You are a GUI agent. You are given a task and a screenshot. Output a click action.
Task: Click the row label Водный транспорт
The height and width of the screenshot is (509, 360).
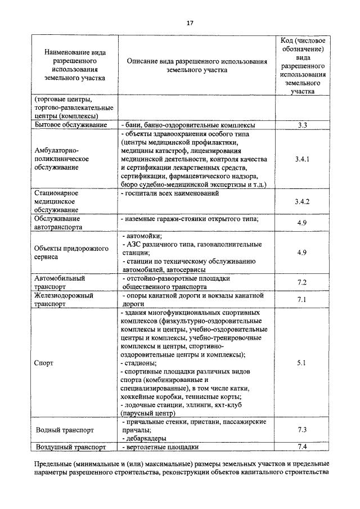(x=64, y=430)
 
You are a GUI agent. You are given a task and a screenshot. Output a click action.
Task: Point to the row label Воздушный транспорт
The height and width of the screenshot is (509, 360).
(x=70, y=447)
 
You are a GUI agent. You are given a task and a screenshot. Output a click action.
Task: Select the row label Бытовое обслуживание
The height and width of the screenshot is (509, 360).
(x=70, y=125)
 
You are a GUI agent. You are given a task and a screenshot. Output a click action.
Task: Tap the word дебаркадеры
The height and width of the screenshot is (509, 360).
(x=147, y=438)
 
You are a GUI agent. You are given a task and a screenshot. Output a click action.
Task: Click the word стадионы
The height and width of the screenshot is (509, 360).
(x=141, y=363)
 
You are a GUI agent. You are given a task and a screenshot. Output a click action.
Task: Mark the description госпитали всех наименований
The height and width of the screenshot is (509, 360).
(x=169, y=193)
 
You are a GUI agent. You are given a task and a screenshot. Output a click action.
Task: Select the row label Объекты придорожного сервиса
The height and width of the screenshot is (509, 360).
(x=69, y=253)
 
